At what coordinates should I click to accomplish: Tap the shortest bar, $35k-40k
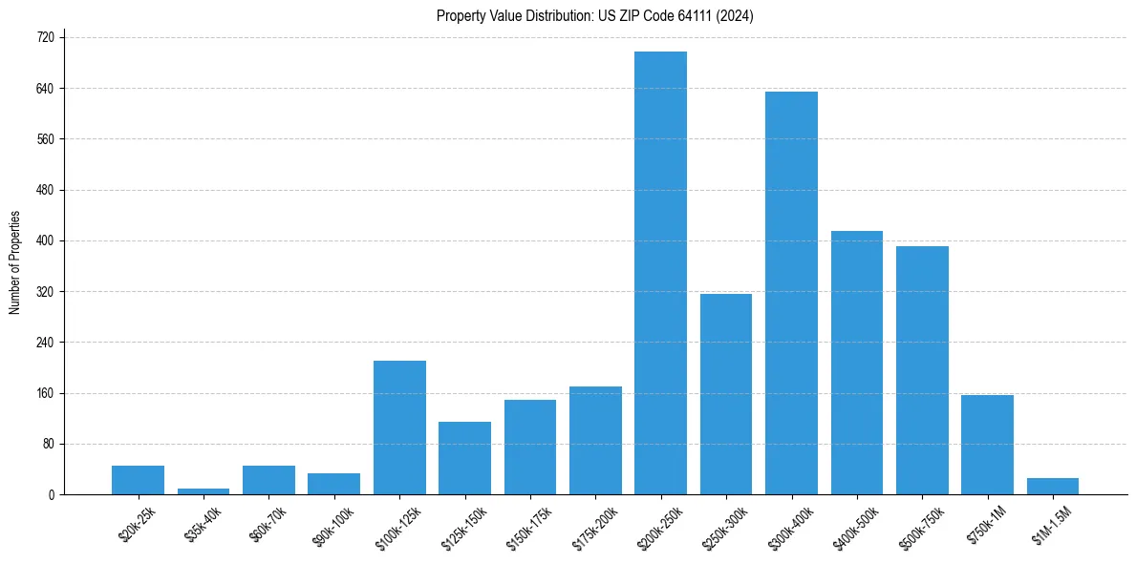click(x=204, y=491)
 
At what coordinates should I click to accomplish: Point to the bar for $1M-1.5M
click(x=1052, y=487)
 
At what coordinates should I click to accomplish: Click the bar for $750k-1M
click(x=987, y=445)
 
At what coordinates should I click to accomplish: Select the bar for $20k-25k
click(x=139, y=480)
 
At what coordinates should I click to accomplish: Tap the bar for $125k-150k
click(x=464, y=458)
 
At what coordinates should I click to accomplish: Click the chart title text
click(x=595, y=16)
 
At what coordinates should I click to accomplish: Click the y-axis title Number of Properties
click(x=14, y=262)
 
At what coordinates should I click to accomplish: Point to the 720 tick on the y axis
click(x=44, y=37)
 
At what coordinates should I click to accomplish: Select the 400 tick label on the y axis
click(x=44, y=240)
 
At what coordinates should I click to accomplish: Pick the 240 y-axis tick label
click(x=44, y=343)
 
